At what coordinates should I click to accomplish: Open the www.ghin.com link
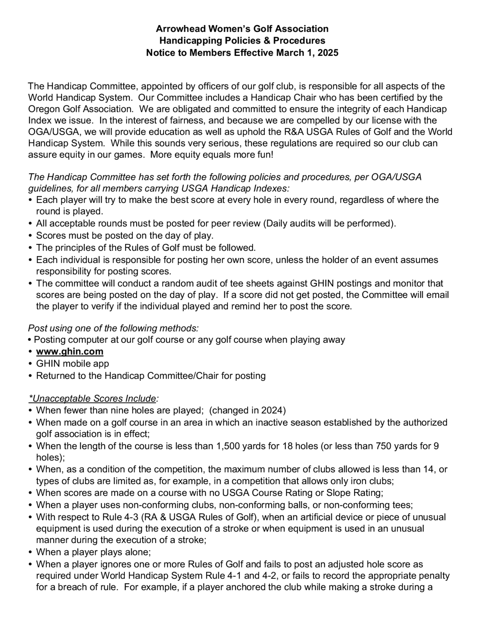point(70,351)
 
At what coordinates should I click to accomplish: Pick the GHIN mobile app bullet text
point(73,363)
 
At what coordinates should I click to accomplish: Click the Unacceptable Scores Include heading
point(93,399)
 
